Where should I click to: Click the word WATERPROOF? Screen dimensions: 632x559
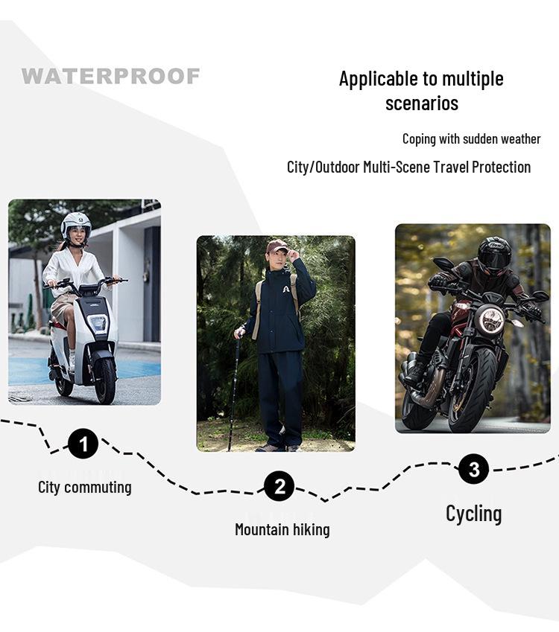[110, 76]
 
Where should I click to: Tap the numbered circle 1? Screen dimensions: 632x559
[83, 444]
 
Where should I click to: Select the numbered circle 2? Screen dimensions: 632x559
[279, 487]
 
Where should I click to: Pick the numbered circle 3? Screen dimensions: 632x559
[473, 469]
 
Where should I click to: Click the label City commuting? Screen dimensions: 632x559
[84, 488]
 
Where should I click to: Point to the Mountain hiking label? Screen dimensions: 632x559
[282, 529]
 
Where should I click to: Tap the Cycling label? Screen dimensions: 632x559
[473, 514]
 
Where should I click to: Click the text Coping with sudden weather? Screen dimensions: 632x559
[471, 138]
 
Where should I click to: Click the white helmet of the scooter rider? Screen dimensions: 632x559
[75, 223]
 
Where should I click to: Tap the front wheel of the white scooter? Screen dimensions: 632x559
[105, 377]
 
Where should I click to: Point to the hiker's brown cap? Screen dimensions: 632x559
[277, 246]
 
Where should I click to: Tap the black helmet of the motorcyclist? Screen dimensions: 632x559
[494, 255]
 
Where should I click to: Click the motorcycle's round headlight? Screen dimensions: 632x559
[491, 320]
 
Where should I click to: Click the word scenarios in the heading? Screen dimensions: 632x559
[421, 103]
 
